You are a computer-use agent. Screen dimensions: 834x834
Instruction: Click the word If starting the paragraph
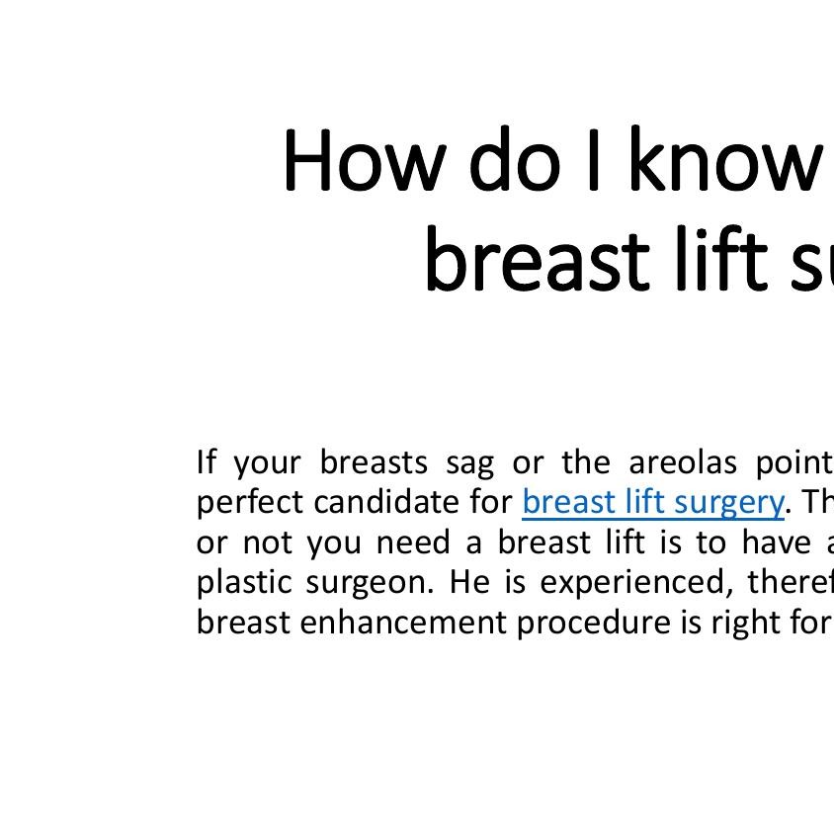pos(206,461)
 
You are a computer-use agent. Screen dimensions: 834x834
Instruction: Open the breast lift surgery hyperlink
pos(652,502)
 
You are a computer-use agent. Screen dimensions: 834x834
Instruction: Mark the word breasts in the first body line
pos(374,461)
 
